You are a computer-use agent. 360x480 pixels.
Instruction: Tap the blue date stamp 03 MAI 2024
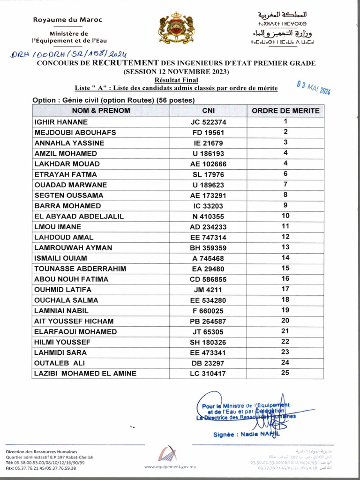[314, 88]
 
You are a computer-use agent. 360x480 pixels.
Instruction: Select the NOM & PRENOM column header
[101, 111]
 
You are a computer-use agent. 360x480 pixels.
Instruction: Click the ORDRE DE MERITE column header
[285, 111]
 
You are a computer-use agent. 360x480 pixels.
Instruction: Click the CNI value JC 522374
[208, 122]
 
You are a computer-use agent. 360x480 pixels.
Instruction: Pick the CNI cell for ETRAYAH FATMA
[208, 174]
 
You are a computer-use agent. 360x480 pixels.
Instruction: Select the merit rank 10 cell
[285, 216]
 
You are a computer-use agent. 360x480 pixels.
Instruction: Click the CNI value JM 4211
[208, 290]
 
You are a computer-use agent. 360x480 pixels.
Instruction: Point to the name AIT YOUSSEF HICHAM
[74, 321]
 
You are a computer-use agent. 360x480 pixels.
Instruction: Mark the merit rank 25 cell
[285, 373]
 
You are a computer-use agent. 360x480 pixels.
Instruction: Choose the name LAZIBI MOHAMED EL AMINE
[85, 374]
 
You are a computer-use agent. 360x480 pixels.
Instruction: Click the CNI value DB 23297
[208, 363]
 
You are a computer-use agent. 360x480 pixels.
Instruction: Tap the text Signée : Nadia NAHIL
[246, 435]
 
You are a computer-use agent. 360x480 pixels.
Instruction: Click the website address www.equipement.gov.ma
[170, 467]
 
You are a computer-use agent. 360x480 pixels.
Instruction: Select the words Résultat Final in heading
[176, 80]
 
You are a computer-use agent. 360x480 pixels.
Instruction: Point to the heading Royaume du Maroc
[67, 20]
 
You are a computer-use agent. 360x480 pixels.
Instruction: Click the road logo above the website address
[169, 453]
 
